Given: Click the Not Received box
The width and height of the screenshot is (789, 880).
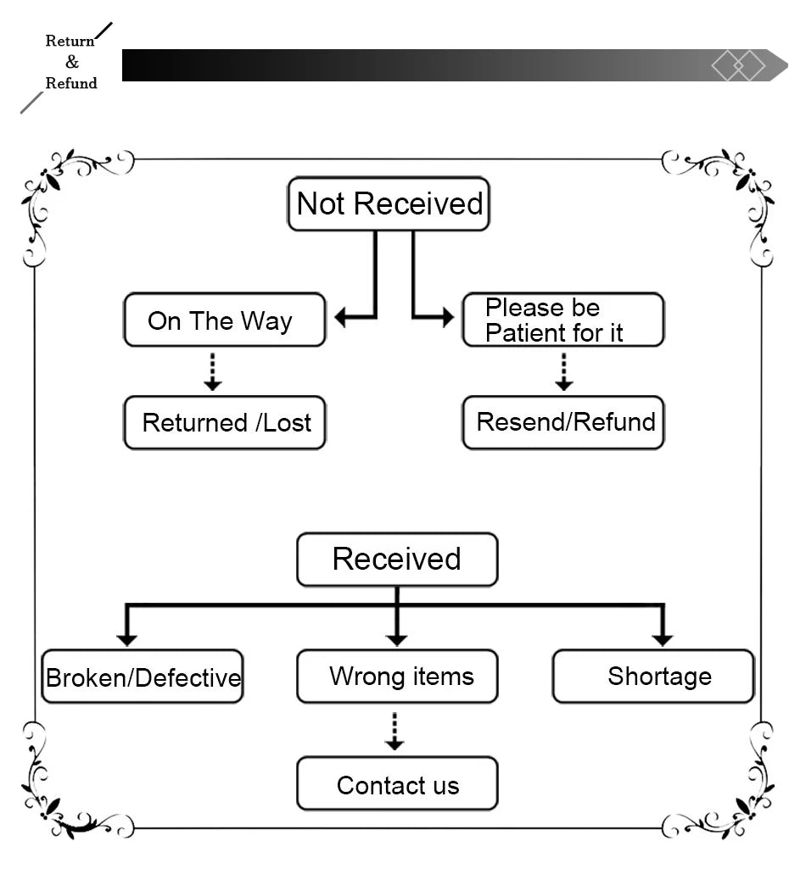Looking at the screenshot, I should click(x=389, y=203).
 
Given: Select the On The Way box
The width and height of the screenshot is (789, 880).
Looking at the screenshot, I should click(x=224, y=320).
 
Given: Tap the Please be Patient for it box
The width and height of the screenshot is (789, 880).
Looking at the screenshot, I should click(x=562, y=320).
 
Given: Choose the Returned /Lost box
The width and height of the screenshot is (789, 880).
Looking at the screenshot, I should click(x=224, y=422).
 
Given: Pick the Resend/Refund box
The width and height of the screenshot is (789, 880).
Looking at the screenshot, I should click(x=562, y=422).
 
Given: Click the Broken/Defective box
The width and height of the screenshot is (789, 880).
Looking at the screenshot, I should click(x=143, y=677).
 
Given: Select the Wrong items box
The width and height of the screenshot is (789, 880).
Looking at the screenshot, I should click(x=397, y=677).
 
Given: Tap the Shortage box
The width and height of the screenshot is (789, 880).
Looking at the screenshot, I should click(x=653, y=677).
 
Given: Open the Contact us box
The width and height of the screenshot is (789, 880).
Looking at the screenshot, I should click(x=397, y=784).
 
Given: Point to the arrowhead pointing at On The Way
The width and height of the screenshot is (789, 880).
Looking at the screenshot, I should click(x=341, y=318).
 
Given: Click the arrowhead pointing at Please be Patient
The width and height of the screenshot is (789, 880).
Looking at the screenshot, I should click(x=446, y=318).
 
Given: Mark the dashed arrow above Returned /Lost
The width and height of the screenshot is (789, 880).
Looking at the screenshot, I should click(x=213, y=372).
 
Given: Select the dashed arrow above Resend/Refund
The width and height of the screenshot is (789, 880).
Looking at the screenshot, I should click(x=564, y=372).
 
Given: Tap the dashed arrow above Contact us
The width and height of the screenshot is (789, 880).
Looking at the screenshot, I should click(x=394, y=732).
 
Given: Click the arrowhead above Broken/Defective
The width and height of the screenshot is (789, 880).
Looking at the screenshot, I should click(x=127, y=639).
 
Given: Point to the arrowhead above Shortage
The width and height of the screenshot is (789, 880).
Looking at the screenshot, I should click(x=663, y=639).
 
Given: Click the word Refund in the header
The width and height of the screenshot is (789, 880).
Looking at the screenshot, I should click(x=71, y=83).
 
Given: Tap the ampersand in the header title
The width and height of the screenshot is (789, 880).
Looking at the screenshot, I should click(x=71, y=62).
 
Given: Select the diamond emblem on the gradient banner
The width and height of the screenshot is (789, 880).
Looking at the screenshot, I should click(x=738, y=65).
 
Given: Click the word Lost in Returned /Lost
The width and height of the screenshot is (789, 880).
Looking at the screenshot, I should click(x=287, y=422).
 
